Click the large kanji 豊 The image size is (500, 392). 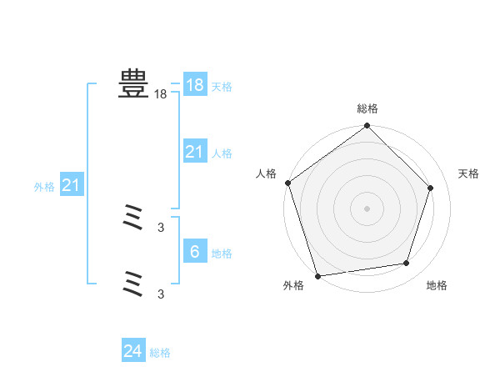pyautogui.click(x=133, y=84)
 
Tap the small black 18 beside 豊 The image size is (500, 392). pyautogui.click(x=160, y=95)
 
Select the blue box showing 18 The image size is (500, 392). pyautogui.click(x=195, y=85)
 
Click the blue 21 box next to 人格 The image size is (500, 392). pyautogui.click(x=195, y=152)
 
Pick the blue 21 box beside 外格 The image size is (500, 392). pyautogui.click(x=72, y=185)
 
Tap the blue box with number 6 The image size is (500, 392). pyautogui.click(x=195, y=252)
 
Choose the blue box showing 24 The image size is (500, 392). pyautogui.click(x=133, y=351)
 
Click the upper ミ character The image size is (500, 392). pyautogui.click(x=133, y=220)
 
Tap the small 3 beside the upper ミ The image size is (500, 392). pyautogui.click(x=161, y=227)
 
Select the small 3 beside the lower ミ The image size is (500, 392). pyautogui.click(x=161, y=294)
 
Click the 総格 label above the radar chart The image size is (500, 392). pyautogui.click(x=367, y=108)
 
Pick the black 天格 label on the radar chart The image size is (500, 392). pyautogui.click(x=468, y=173)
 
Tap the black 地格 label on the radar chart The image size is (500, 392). pyautogui.click(x=437, y=285)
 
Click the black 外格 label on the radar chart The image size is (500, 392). pyautogui.click(x=292, y=285)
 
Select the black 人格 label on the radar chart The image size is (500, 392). pyautogui.click(x=266, y=173)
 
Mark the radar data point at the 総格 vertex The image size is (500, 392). pyautogui.click(x=367, y=127)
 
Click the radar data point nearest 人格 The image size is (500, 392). pyautogui.click(x=288, y=183)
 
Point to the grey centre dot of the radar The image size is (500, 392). pyautogui.click(x=367, y=208)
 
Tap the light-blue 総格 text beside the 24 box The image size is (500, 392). pyautogui.click(x=160, y=353)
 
